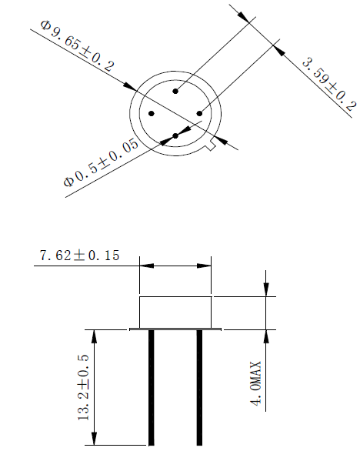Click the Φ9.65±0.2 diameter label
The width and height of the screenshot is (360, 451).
[x=77, y=47]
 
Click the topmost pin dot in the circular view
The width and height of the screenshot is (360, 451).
[x=176, y=92]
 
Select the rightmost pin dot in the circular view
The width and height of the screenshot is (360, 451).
[x=199, y=114]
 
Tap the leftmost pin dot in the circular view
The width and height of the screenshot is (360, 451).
[x=153, y=114]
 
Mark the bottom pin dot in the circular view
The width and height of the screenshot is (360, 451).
[x=176, y=136]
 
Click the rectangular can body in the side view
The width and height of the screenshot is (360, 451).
[x=175, y=311]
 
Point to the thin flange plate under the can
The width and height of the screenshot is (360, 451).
[x=175, y=329]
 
